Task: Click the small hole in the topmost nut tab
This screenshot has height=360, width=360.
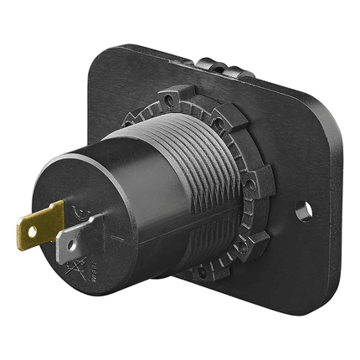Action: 171,100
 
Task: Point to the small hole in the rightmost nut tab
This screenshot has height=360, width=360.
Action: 249,183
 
